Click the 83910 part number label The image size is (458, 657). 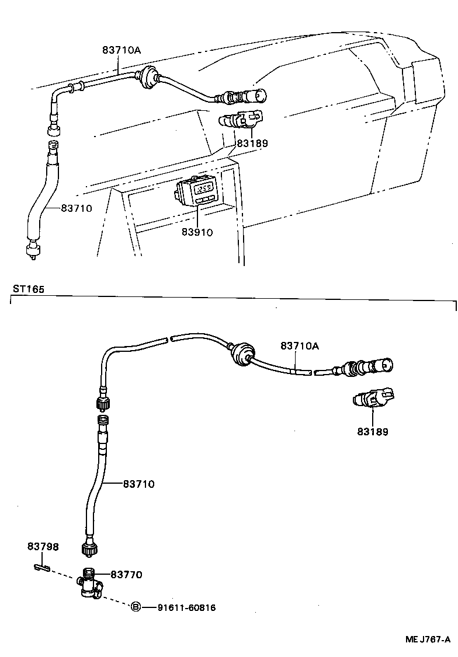(x=196, y=232)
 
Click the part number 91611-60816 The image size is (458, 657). (x=186, y=608)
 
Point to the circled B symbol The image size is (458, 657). (x=136, y=607)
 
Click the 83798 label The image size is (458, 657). (x=43, y=547)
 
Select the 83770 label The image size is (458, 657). (x=126, y=575)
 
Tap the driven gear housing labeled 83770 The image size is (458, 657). (x=89, y=583)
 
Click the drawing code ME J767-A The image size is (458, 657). (x=428, y=639)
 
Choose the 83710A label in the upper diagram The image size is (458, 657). (x=122, y=50)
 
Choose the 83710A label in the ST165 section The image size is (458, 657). (x=300, y=345)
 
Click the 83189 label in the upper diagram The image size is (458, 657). (x=252, y=143)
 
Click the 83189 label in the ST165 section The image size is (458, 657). (x=373, y=432)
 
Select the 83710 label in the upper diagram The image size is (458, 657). (x=77, y=208)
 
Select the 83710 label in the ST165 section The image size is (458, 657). (x=138, y=484)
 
